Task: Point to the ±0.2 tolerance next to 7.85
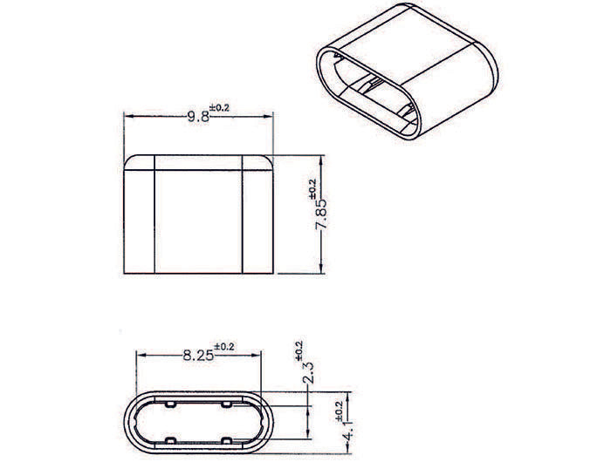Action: tap(312, 188)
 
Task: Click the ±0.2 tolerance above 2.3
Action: tap(299, 352)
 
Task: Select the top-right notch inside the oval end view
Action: tap(226, 405)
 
